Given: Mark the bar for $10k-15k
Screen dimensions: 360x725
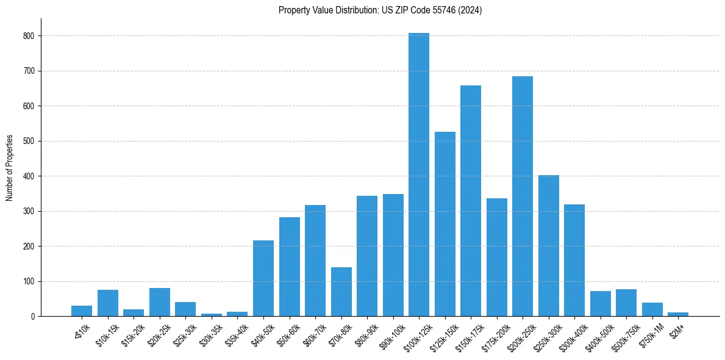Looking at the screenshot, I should [108, 303].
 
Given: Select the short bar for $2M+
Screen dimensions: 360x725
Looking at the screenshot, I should [678, 314].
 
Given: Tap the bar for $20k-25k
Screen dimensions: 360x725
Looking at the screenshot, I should [160, 302].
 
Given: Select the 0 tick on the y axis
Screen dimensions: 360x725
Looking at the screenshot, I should [35, 317].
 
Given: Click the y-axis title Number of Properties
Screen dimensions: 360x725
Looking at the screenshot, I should [10, 168].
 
